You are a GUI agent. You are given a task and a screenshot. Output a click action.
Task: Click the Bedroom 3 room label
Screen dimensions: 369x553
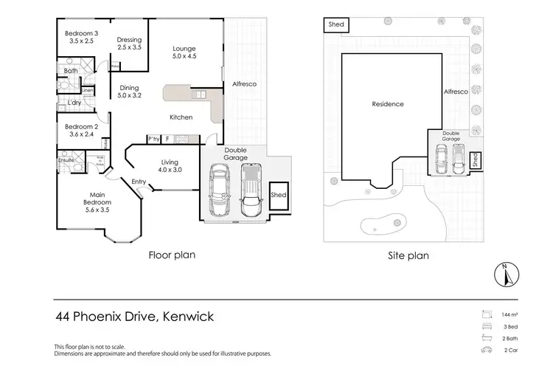pos(80,38)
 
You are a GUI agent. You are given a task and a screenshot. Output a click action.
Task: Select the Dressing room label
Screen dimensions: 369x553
pos(130,44)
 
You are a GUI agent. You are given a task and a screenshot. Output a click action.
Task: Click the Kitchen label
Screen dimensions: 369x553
pos(181,117)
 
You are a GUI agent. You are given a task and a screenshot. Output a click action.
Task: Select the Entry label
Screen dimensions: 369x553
pos(139,182)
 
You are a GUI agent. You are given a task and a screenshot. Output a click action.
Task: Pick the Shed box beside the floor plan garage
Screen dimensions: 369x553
pos(279,196)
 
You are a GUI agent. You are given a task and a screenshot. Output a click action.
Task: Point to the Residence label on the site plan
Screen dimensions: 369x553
pos(387,104)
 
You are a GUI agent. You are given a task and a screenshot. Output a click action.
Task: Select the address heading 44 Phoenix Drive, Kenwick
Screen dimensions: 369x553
pos(135,317)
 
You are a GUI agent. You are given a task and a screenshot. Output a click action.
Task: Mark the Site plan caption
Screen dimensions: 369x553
pos(408,256)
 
